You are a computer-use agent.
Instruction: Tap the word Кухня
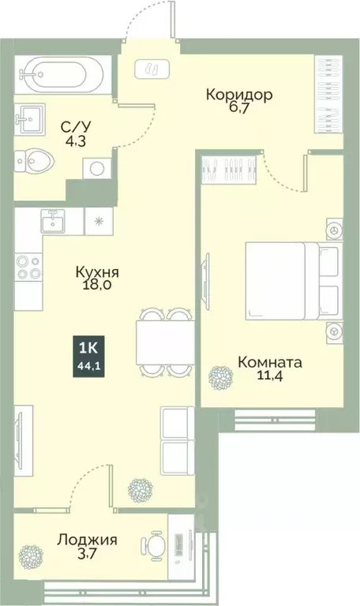click(103, 271)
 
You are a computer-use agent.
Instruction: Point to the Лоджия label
click(87, 541)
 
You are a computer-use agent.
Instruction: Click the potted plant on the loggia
click(32, 552)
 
